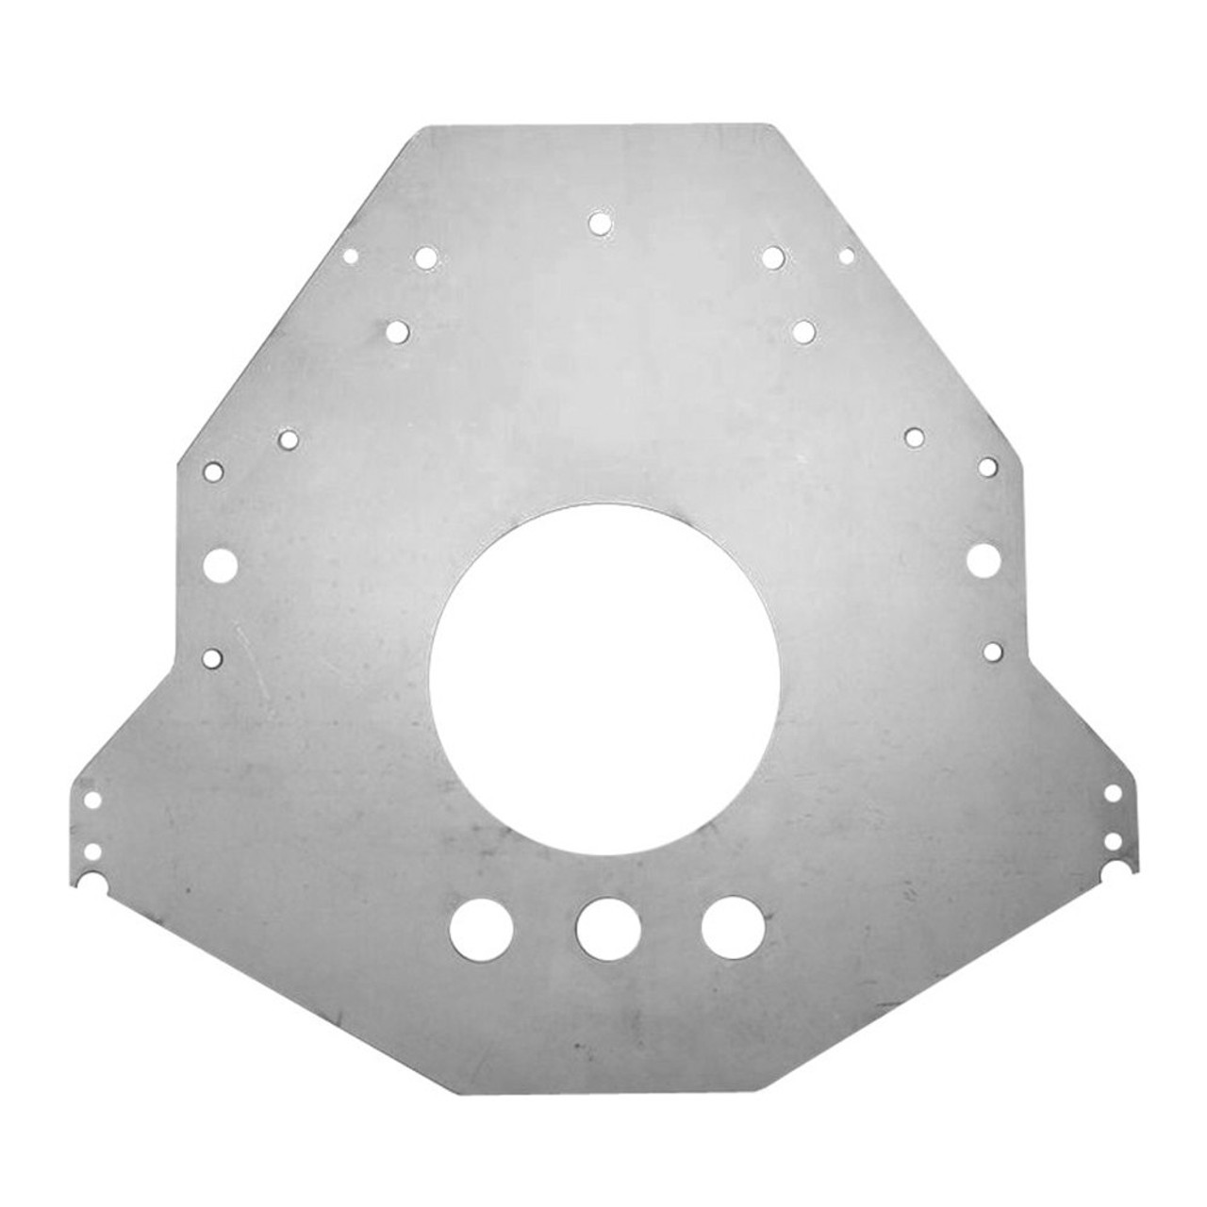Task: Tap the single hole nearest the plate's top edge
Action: pos(599,223)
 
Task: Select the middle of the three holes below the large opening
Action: pos(608,929)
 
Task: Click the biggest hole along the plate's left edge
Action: pos(221,564)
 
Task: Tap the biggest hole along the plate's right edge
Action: pos(983,559)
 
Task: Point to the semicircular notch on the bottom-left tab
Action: pos(91,884)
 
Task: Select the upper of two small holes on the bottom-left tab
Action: pos(92,800)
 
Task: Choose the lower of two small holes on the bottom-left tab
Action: pos(92,851)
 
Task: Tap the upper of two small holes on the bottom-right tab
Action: pos(1113,792)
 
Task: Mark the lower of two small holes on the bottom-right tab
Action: pos(1113,838)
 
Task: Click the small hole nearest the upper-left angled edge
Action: pos(351,255)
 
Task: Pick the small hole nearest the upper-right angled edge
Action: pos(846,255)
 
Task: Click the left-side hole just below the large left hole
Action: pos(213,656)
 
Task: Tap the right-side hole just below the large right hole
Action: pos(991,650)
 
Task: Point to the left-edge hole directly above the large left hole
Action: pos(214,470)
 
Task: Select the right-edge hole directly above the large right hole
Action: pos(987,466)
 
